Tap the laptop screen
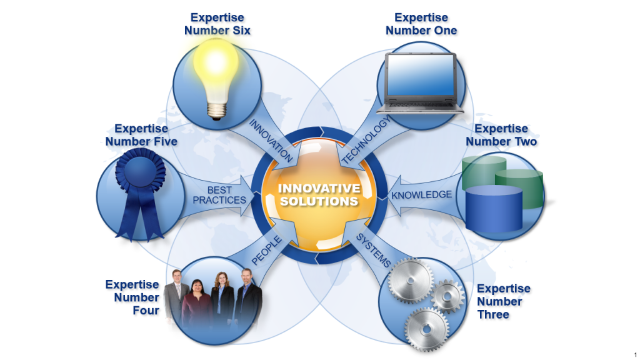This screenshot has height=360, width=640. pyautogui.click(x=420, y=74)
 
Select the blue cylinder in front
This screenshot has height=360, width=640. pyautogui.click(x=494, y=207)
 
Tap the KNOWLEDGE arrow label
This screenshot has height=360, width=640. pyautogui.click(x=421, y=195)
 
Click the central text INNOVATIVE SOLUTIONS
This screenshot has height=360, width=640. pyautogui.click(x=319, y=195)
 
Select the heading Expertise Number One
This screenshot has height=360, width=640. pyautogui.click(x=421, y=24)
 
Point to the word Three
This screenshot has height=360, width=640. pyautogui.click(x=493, y=314)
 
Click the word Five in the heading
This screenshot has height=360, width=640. pyautogui.click(x=162, y=142)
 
